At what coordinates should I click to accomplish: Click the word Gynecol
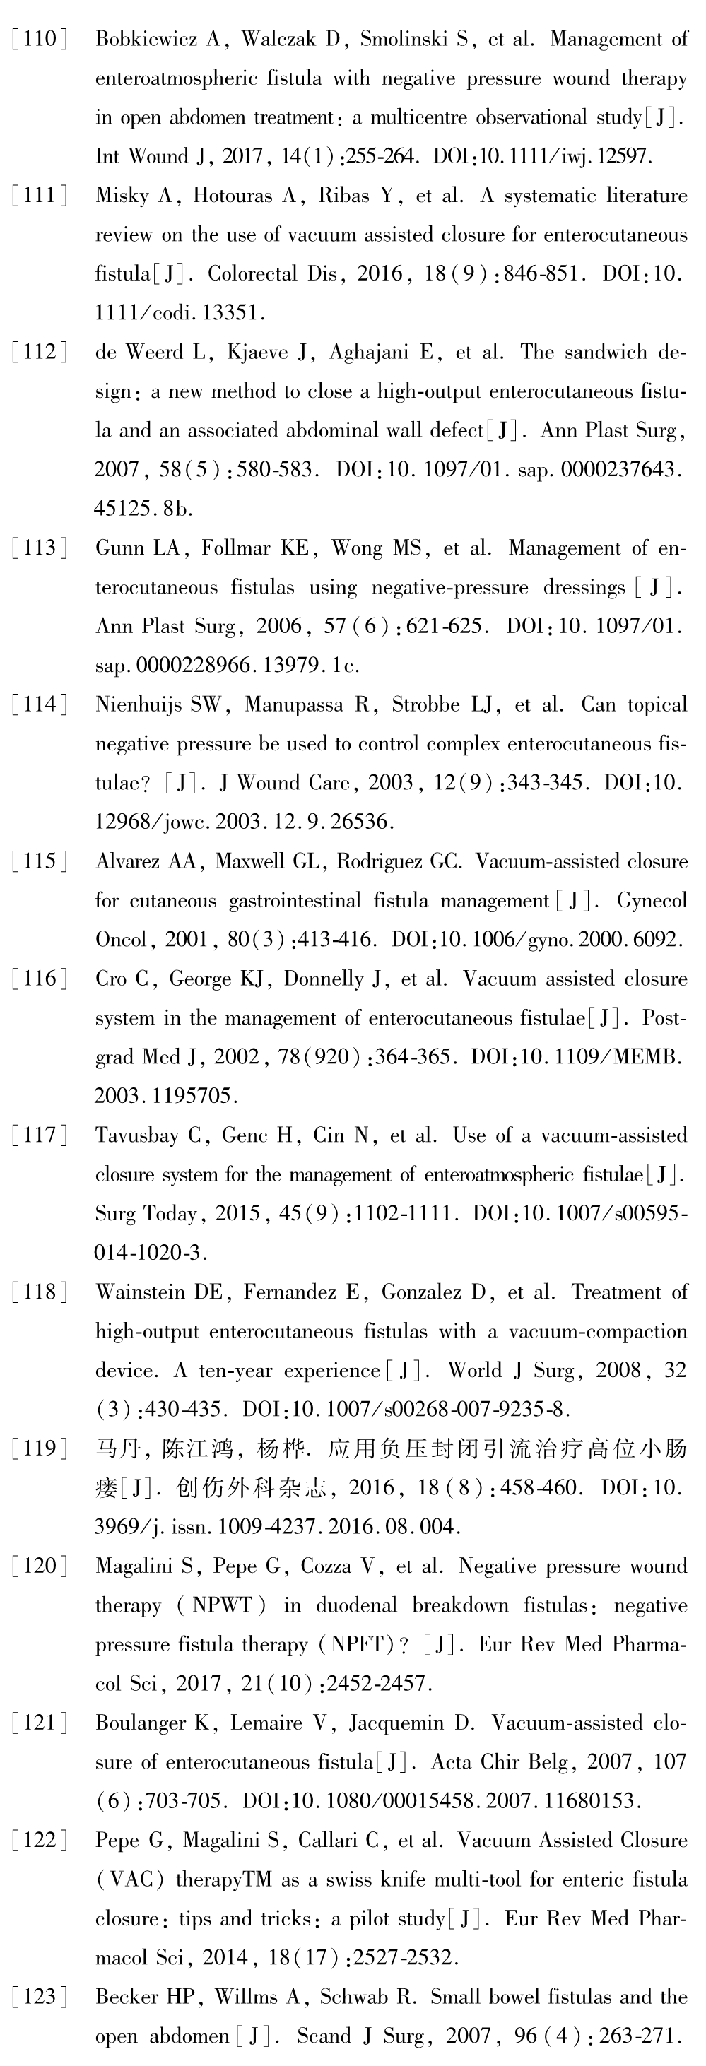pyautogui.click(x=652, y=901)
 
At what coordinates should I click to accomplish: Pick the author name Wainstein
pyautogui.click(x=145, y=1292)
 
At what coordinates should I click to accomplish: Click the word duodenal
pyautogui.click(x=356, y=1605)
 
